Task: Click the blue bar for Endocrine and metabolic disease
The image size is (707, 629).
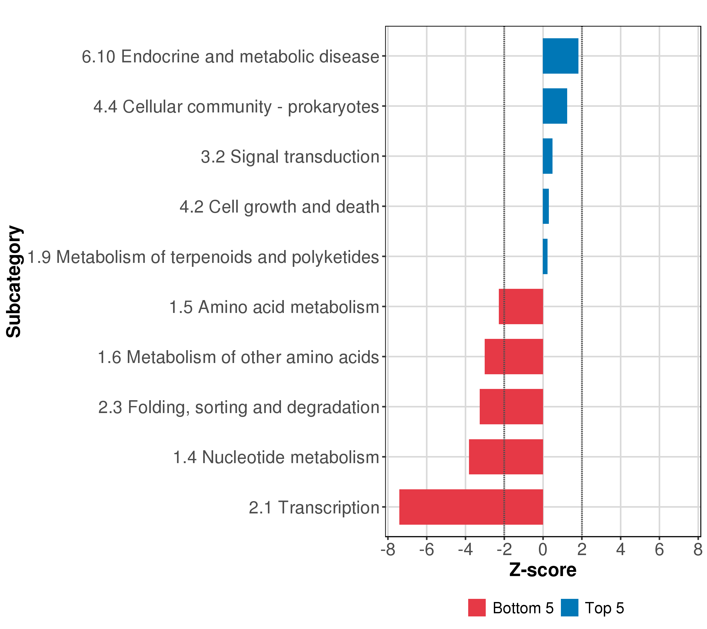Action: coord(560,56)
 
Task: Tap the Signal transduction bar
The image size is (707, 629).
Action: coord(548,156)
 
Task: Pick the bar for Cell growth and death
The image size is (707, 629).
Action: coord(546,206)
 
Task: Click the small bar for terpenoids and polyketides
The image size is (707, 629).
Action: coord(545,257)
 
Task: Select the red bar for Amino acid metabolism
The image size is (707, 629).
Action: coord(521,306)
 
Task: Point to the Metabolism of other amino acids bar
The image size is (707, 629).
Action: coord(514,356)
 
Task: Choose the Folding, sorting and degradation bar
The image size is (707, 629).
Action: coord(511,407)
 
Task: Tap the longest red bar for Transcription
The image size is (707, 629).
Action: coord(471,507)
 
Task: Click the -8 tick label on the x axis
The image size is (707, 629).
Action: coord(388,550)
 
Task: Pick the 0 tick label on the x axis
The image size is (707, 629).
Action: coord(543,550)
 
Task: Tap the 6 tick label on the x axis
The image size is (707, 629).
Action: coord(659,550)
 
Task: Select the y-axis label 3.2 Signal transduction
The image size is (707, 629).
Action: coord(290,157)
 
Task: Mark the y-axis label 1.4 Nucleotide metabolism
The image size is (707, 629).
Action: coord(276,458)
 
